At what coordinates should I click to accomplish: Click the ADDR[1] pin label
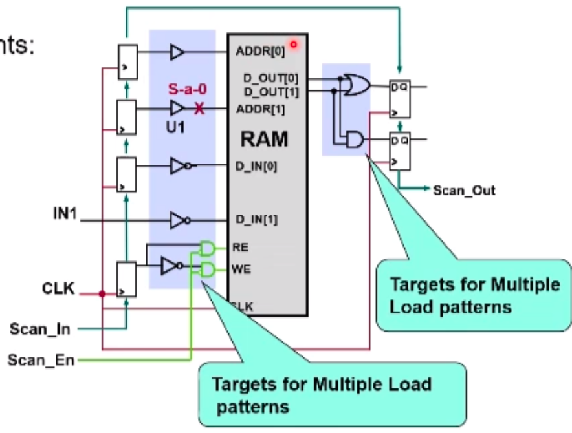260,109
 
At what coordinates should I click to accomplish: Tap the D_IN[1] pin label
257,220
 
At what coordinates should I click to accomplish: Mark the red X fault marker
199,109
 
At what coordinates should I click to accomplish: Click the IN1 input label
65,212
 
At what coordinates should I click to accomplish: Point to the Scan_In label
41,330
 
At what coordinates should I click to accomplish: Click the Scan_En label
41,359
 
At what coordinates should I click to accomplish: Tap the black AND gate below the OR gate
355,140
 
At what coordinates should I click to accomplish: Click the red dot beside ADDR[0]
293,45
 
